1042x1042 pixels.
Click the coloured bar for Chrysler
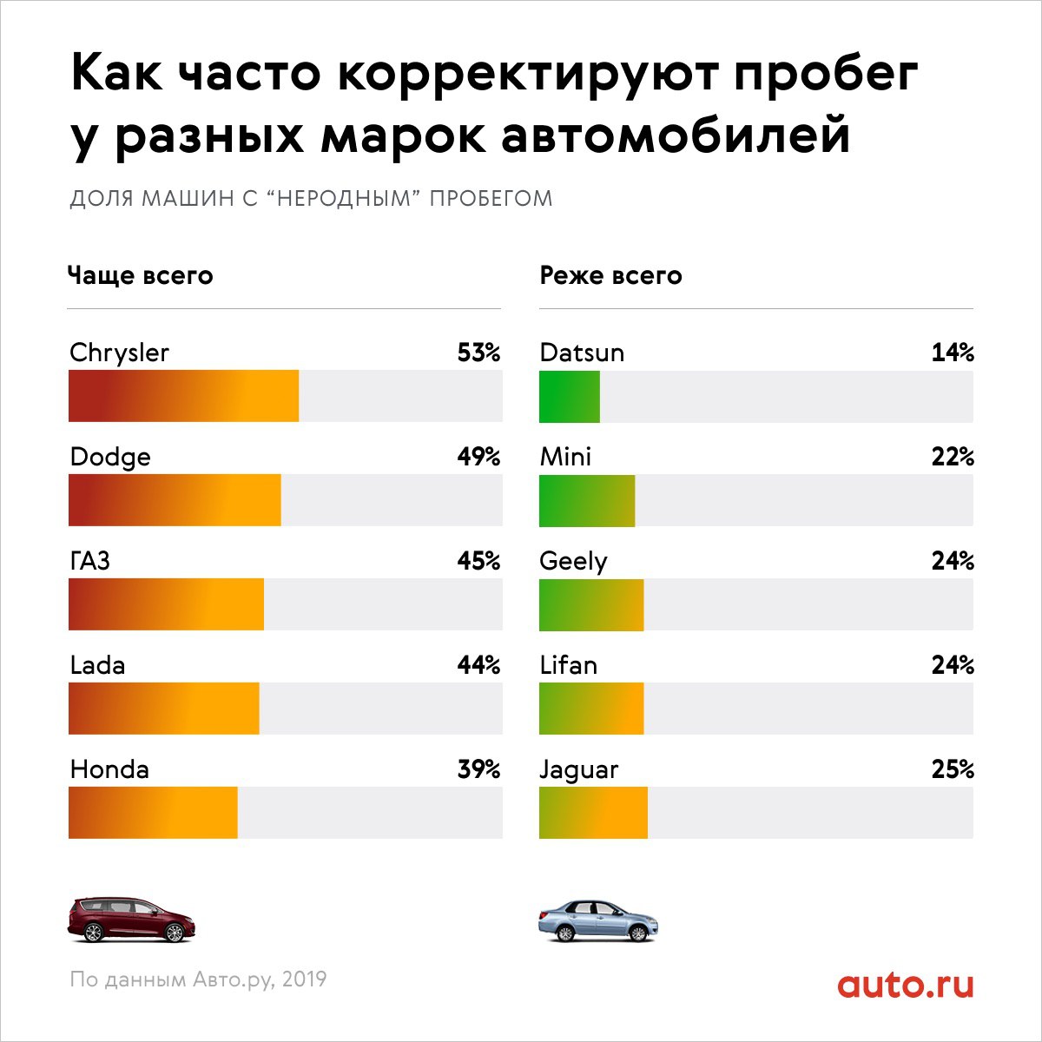coord(183,396)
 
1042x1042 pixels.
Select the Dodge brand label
coord(110,457)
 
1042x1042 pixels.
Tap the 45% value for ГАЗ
coord(478,561)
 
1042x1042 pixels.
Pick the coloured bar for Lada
coord(163,709)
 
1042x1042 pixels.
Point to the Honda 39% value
coord(478,769)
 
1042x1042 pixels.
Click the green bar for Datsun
coord(569,396)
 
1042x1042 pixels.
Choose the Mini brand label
coord(565,457)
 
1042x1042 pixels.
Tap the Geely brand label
coord(573,562)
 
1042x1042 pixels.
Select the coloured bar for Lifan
coord(591,709)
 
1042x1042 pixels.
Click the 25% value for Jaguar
coord(953,769)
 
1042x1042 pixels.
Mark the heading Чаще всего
coord(141,276)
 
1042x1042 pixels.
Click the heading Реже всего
coord(610,276)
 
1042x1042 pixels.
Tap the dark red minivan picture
coord(132,920)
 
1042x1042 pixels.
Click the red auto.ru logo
coord(906,985)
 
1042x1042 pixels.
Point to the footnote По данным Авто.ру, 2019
coord(198,979)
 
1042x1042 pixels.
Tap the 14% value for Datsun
coord(953,353)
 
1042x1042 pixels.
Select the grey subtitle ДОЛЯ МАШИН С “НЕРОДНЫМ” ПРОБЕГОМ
coord(311,198)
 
